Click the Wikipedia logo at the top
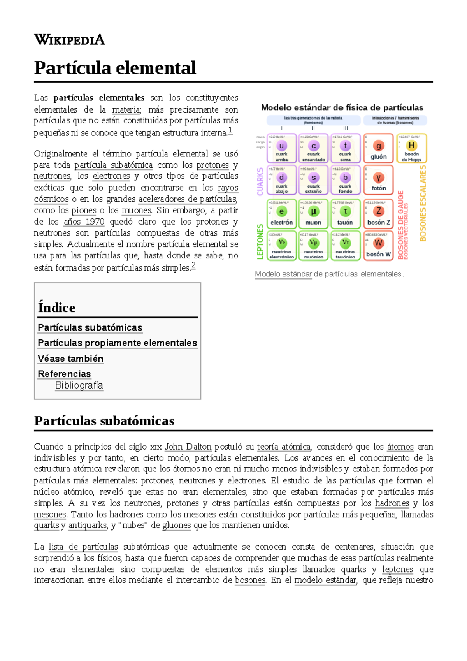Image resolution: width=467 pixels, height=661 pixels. tap(69, 40)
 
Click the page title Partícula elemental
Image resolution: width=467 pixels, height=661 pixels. tap(115, 68)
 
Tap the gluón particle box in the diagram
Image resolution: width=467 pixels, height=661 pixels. tap(378, 148)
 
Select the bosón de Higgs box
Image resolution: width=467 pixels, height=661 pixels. tap(411, 148)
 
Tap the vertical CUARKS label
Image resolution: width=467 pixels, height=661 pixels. tap(260, 181)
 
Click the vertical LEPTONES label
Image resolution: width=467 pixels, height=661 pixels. tap(260, 242)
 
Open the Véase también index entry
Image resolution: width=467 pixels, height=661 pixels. tap(70, 359)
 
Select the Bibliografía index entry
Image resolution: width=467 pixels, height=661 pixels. tap(79, 385)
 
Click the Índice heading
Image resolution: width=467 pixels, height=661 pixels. tap(57, 308)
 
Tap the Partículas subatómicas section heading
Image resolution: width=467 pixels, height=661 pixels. tap(104, 421)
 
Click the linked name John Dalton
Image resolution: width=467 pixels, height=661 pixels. tap(188, 447)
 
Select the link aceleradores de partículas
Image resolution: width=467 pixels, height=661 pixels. tap(188, 199)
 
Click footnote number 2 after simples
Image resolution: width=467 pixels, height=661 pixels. tap(193, 265)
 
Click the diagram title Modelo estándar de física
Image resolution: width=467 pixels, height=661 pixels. tap(342, 107)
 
